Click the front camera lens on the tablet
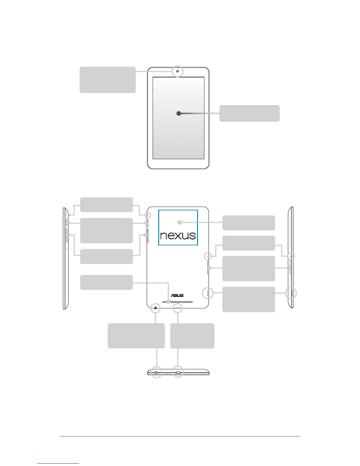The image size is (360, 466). pos(178,71)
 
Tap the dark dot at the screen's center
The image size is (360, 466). pos(179,113)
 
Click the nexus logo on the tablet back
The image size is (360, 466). pos(178,235)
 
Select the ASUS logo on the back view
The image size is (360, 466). pos(177,295)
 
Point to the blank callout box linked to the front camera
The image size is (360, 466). pos(108,80)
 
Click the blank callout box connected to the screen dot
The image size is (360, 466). pos(249,113)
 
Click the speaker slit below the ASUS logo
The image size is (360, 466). pos(177,302)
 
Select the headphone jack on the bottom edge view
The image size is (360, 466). pos(156,372)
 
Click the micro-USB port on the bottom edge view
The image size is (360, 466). pos(178,372)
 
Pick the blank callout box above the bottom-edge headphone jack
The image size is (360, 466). pos(136,336)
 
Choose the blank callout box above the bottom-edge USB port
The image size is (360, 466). pos(192,336)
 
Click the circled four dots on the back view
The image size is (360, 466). pos(208,293)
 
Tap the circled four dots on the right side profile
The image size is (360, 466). pos(291,293)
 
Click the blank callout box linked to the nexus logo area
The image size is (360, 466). pos(249,223)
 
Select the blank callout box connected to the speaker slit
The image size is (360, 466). pos(106,282)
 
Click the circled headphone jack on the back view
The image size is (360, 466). pos(155,308)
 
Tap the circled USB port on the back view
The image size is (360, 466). pos(177,308)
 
